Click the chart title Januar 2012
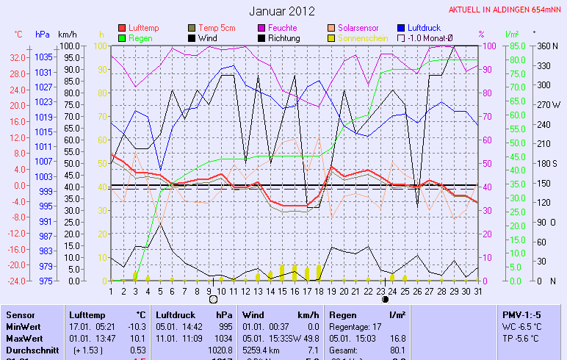pos(281,11)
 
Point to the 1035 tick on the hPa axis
pos(43,57)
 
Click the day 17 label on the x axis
pos(306,290)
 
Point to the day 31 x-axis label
pos(477,290)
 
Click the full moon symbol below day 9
pos(213,300)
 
